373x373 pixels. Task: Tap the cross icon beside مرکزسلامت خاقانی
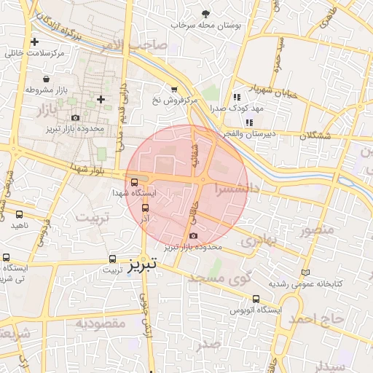[34, 42]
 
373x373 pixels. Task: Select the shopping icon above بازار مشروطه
[47, 79]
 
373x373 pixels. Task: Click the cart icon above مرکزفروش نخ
[173, 90]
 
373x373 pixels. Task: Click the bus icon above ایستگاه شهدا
[133, 182]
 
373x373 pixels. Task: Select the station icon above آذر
[145, 208]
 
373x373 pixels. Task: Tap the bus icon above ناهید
[19, 214]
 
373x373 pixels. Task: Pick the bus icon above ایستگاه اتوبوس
[255, 299]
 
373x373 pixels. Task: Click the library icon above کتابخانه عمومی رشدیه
[305, 272]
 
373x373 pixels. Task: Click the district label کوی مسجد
[219, 278]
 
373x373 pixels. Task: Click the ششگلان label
[315, 136]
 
